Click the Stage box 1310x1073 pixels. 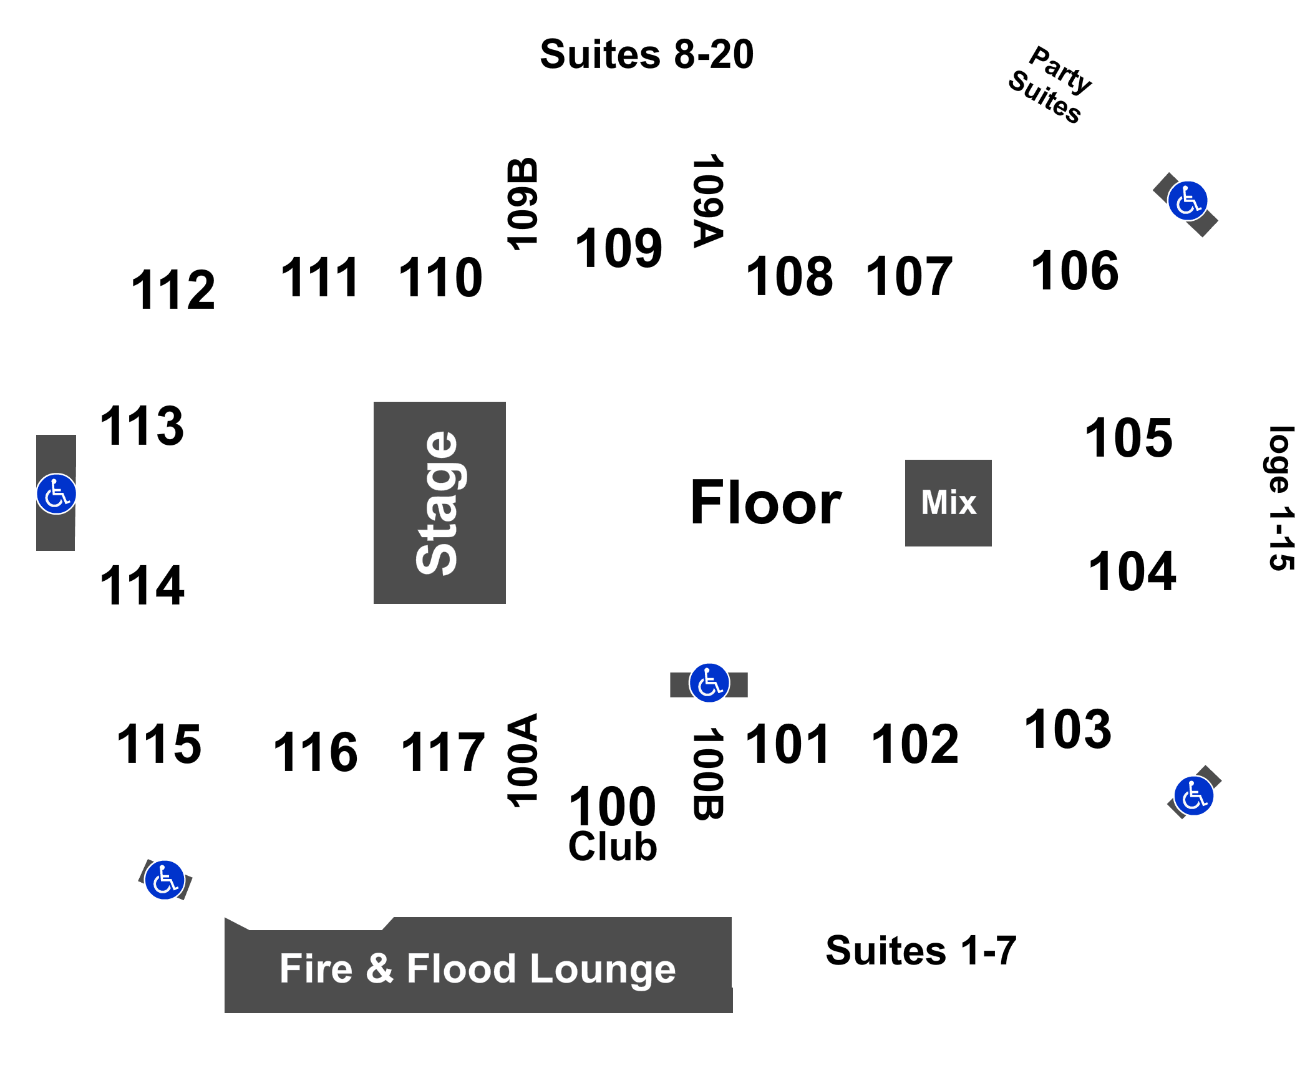439,502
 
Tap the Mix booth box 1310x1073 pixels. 948,503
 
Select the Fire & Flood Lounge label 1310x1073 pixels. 478,969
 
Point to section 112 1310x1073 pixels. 173,290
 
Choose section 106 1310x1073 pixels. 1075,271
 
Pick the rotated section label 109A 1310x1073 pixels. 708,200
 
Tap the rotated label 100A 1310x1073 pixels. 522,760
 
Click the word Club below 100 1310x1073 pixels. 613,847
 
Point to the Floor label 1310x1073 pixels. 766,502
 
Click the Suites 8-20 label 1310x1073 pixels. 647,54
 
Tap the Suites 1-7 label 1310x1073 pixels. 921,951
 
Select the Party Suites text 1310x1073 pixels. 1050,85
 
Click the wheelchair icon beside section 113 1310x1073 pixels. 56,494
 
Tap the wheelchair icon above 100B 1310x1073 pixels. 709,683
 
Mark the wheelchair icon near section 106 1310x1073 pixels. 1188,201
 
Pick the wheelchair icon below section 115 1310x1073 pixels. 165,880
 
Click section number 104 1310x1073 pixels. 1132,571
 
